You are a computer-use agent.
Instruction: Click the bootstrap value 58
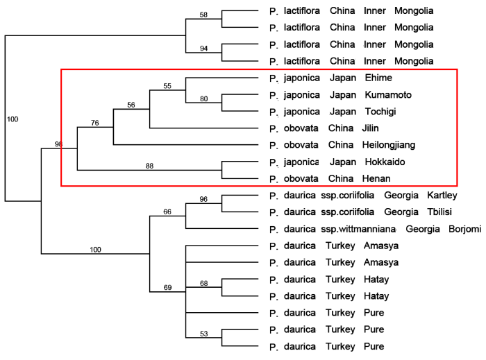coord(203,15)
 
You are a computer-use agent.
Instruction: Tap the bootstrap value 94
coord(203,49)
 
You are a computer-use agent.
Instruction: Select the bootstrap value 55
coord(167,86)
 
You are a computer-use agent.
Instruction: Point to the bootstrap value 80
coord(203,98)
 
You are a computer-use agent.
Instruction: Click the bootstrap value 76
coord(95,123)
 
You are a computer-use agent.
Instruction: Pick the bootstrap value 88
coord(149,166)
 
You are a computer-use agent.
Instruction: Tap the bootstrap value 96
coord(203,199)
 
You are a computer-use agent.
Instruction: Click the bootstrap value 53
coord(203,334)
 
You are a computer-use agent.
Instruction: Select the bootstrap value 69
coord(167,288)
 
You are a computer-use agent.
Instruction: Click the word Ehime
coord(378,78)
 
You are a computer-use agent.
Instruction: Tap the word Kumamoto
coord(388,95)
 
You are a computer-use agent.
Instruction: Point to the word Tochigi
coord(380,112)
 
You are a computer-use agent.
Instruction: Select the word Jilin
coord(370,128)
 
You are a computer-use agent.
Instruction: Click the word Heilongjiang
coord(389,145)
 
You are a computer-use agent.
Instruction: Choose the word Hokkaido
coord(385,162)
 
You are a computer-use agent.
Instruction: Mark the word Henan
coord(376,178)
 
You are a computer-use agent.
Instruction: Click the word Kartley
coord(442,196)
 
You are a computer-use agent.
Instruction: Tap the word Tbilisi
coord(439,212)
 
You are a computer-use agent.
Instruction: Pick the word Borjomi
coord(465,229)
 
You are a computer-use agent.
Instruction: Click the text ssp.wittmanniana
coord(358,230)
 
